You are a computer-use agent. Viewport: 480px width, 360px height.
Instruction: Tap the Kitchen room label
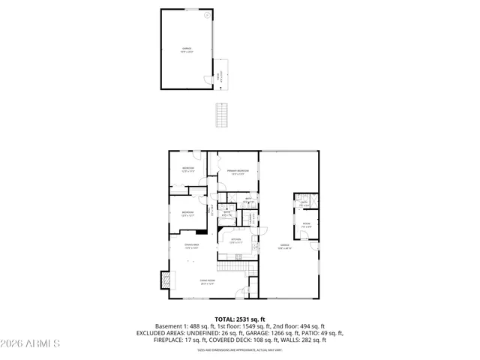pyautogui.click(x=235, y=241)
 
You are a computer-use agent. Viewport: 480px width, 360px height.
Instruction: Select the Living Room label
pyautogui.click(x=207, y=282)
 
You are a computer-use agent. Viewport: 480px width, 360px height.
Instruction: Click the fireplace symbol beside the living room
pyautogui.click(x=165, y=280)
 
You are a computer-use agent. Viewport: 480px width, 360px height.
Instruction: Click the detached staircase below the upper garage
pyautogui.click(x=220, y=115)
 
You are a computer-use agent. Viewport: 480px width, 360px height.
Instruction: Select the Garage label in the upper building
pyautogui.click(x=186, y=50)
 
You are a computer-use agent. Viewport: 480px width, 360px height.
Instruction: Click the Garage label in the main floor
pyautogui.click(x=285, y=246)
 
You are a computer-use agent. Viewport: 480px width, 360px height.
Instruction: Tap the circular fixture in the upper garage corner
pyautogui.click(x=207, y=15)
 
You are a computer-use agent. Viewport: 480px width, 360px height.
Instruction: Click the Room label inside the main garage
pyautogui.click(x=306, y=224)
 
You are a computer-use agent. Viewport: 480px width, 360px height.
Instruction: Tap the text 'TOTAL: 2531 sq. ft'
pyautogui.click(x=240, y=319)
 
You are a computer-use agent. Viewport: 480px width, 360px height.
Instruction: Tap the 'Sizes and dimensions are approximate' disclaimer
pyautogui.click(x=240, y=349)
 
